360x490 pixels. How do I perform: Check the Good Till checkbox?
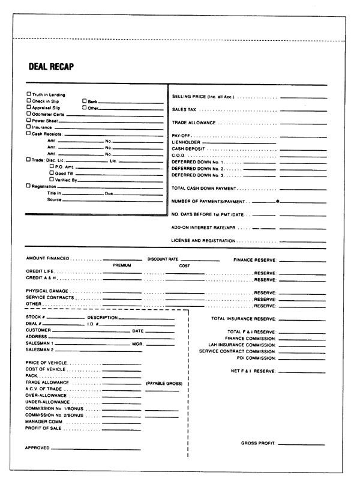[x=52, y=172]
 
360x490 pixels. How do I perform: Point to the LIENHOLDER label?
[x=185, y=142]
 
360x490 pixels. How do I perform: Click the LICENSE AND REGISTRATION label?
[x=203, y=241]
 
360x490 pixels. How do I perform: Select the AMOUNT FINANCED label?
[x=47, y=259]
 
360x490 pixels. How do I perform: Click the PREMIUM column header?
[x=122, y=265]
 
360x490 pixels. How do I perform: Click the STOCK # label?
[x=35, y=317]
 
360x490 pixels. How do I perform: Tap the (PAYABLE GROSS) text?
[x=164, y=383]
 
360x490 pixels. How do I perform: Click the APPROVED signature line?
[x=96, y=449]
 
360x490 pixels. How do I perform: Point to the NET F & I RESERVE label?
[x=253, y=371]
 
